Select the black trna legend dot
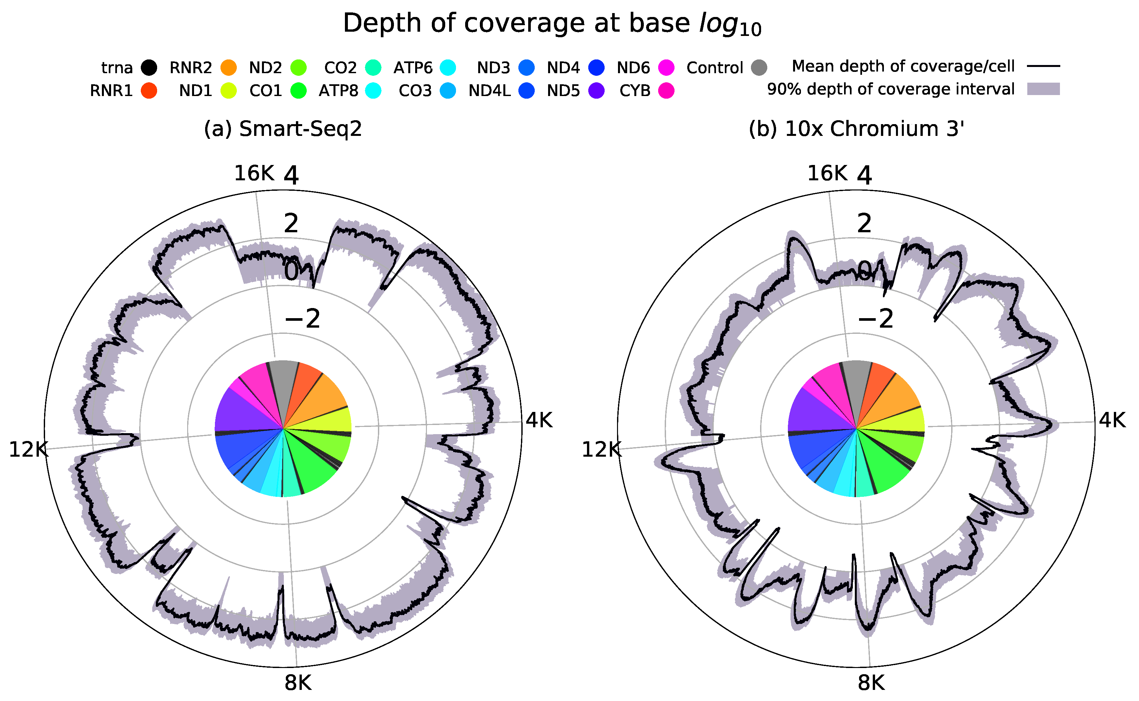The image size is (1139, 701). click(x=149, y=68)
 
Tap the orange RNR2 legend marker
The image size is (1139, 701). click(x=229, y=68)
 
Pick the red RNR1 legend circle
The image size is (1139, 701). click(x=149, y=90)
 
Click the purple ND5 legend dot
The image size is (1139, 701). click(x=597, y=90)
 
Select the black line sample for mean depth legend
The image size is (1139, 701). click(x=1043, y=66)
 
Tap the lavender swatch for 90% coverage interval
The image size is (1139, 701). click(x=1043, y=89)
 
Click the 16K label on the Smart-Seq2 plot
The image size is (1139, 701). click(x=254, y=174)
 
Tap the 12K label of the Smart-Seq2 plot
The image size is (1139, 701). click(x=28, y=450)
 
